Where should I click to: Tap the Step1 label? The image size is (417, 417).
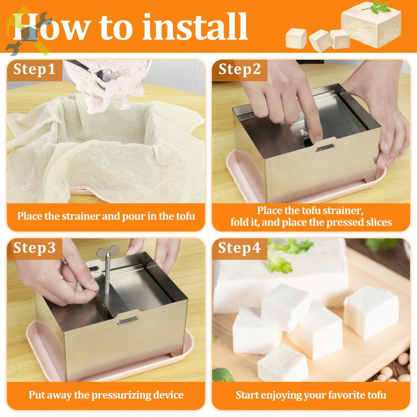[34, 69]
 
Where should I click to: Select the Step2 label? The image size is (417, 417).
[239, 69]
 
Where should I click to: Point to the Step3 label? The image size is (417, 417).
[34, 248]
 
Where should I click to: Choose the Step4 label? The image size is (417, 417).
[239, 248]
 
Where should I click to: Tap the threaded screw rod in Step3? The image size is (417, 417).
[108, 274]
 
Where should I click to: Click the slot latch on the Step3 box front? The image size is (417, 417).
[127, 321]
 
